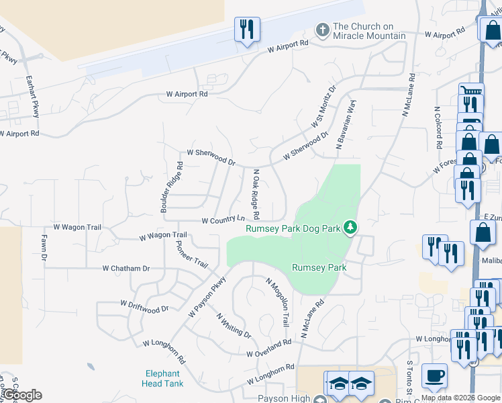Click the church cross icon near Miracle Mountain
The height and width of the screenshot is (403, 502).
pyautogui.click(x=322, y=30)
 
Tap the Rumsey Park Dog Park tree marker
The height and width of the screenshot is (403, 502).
pyautogui.click(x=350, y=228)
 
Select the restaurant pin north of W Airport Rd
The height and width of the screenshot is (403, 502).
pyautogui.click(x=247, y=29)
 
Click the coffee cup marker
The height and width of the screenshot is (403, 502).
pyautogui.click(x=434, y=375)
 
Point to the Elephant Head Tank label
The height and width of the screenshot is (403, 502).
pyautogui.click(x=161, y=379)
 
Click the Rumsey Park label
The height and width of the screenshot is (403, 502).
pyautogui.click(x=319, y=267)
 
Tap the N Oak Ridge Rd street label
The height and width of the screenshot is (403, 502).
pyautogui.click(x=256, y=195)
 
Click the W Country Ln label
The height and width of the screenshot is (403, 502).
pyautogui.click(x=223, y=220)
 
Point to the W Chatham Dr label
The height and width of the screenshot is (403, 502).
pyautogui.click(x=126, y=268)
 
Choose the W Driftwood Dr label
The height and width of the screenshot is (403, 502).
pyautogui.click(x=144, y=308)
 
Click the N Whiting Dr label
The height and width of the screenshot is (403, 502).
pyautogui.click(x=233, y=325)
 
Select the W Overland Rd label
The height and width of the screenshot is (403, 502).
pyautogui.click(x=268, y=348)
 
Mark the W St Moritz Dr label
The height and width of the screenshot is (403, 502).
pyautogui.click(x=323, y=107)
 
